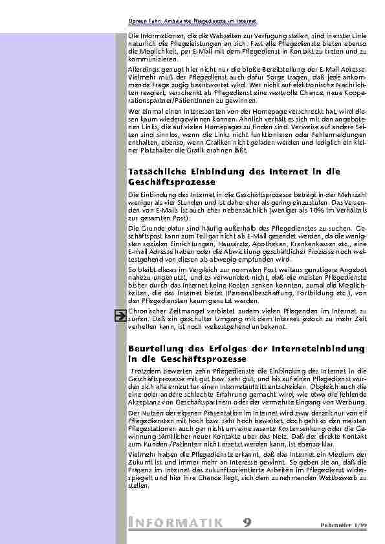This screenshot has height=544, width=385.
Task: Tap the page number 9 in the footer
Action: tap(248, 522)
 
